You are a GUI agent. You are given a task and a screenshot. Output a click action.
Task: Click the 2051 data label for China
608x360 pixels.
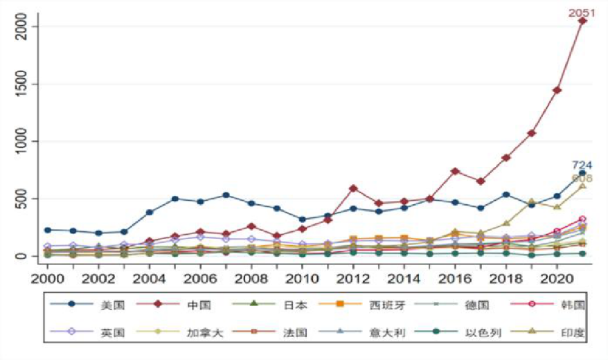pyautogui.click(x=581, y=12)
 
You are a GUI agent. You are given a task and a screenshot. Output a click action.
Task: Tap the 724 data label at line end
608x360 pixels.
pyautogui.click(x=582, y=165)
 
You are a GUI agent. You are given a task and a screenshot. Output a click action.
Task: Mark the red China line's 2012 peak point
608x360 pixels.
pyautogui.click(x=353, y=188)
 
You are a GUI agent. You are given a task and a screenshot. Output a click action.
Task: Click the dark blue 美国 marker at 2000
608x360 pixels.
pyautogui.click(x=48, y=230)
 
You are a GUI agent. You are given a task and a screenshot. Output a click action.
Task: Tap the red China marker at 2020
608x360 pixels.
pyautogui.click(x=557, y=90)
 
